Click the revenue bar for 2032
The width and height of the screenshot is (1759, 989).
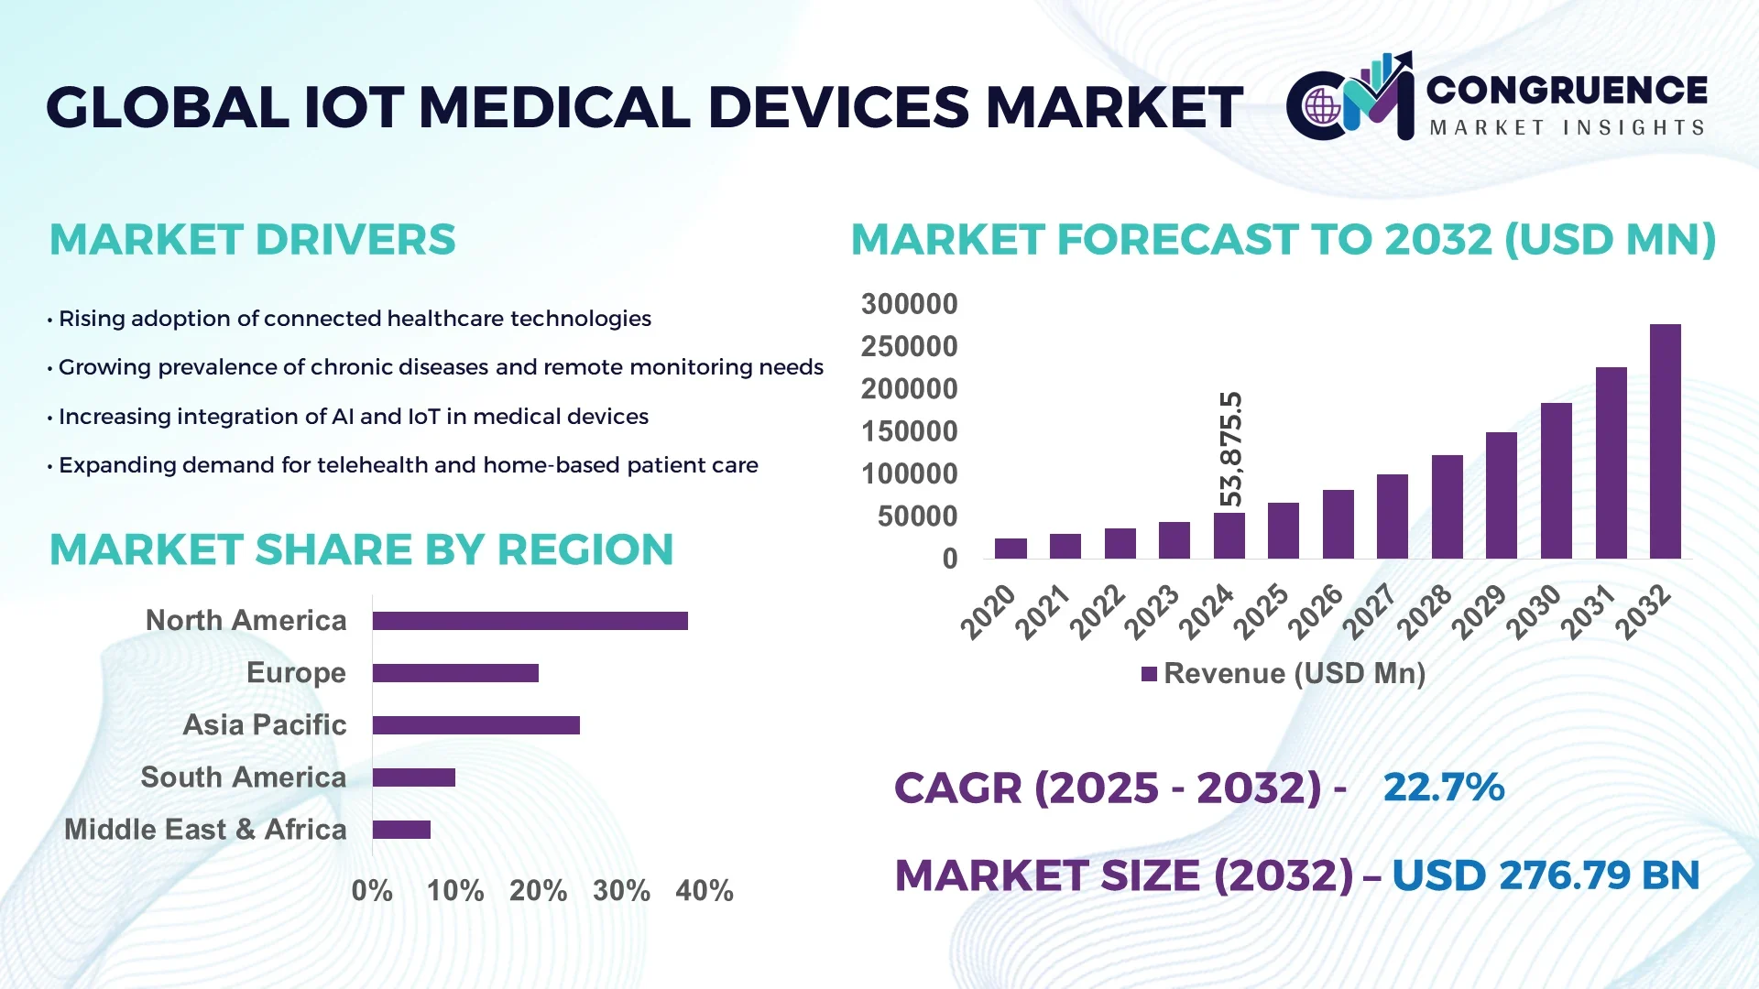pos(1665,441)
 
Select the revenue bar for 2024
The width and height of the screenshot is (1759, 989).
pos(1229,536)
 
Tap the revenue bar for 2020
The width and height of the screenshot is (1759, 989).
pos(1011,549)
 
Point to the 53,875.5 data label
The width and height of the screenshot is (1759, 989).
pos(1231,449)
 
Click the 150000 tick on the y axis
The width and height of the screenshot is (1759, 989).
pos(909,431)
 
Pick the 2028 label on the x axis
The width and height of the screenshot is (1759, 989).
pos(1426,612)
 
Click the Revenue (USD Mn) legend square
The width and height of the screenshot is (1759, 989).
pos(1149,674)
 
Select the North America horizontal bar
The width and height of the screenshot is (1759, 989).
pos(530,621)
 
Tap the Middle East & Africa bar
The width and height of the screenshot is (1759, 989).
pos(401,830)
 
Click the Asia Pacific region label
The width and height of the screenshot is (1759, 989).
pos(264,725)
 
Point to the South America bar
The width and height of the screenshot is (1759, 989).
pos(413,777)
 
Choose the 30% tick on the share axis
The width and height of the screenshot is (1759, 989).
pos(621,891)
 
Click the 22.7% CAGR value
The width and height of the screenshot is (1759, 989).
pos(1443,788)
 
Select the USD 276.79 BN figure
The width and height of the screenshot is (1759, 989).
pos(1546,875)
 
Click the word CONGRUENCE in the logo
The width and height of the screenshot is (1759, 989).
pos(1566,90)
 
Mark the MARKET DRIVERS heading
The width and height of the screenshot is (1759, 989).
pos(252,240)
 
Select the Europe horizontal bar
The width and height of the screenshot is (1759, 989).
pos(455,673)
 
